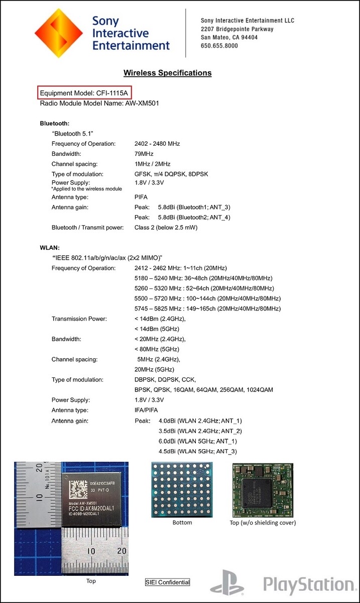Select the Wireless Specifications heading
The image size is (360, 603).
[x=167, y=73]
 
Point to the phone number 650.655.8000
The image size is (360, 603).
[x=219, y=46]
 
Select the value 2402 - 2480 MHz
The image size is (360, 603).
[x=157, y=144]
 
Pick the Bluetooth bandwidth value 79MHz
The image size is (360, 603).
[x=144, y=154]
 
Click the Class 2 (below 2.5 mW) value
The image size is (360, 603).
[x=166, y=227]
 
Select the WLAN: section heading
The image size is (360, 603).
[x=50, y=248]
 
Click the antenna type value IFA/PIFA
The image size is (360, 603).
[x=146, y=410]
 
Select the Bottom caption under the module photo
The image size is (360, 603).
[x=182, y=523]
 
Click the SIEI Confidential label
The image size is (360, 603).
[x=168, y=582]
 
